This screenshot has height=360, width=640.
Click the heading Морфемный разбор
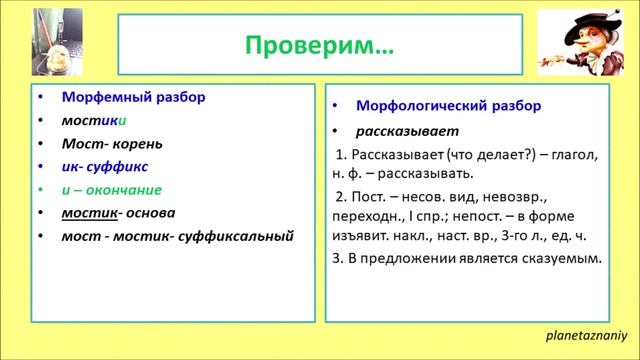133,98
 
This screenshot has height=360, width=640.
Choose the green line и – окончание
111,189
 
